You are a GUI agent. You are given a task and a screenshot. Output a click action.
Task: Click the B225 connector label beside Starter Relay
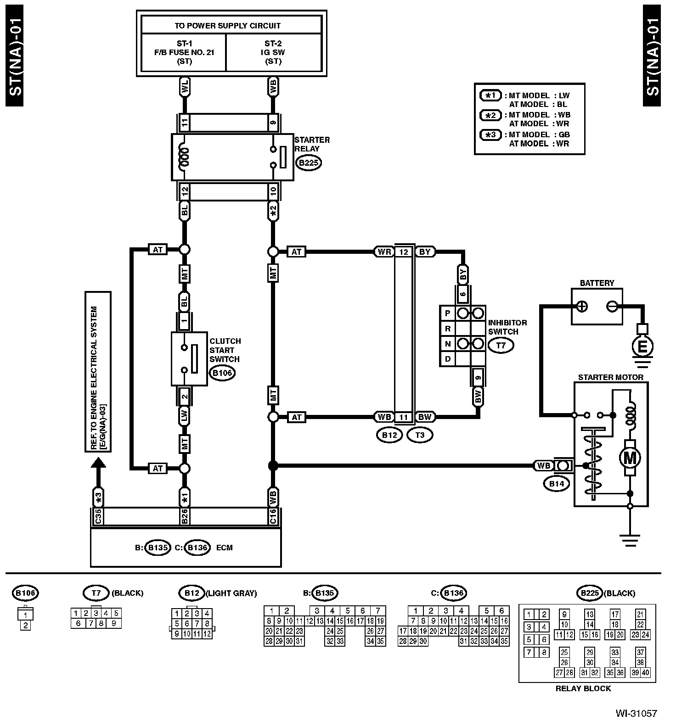(308, 162)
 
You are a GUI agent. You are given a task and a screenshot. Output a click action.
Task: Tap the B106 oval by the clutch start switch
(223, 373)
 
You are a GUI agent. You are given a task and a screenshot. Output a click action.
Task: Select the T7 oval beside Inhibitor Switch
(501, 345)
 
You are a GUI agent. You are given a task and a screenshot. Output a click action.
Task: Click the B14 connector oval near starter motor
(557, 483)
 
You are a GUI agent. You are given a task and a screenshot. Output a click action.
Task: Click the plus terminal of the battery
(582, 306)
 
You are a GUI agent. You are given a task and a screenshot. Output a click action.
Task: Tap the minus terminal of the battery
(612, 306)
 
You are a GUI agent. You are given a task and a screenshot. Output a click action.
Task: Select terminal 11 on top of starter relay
(185, 123)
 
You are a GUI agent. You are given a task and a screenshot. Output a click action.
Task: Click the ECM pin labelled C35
(98, 517)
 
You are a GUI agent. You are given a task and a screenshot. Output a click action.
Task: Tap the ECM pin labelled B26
(185, 517)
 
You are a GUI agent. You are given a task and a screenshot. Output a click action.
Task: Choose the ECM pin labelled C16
(273, 517)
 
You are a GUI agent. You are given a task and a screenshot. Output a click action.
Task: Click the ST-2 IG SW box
(274, 52)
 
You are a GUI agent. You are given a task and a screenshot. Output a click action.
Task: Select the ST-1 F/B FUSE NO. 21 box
(184, 52)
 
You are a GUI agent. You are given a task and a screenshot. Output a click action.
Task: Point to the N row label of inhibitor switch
(447, 344)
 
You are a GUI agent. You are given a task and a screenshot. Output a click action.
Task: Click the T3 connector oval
(420, 435)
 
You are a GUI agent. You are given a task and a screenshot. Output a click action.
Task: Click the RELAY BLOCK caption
(583, 688)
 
